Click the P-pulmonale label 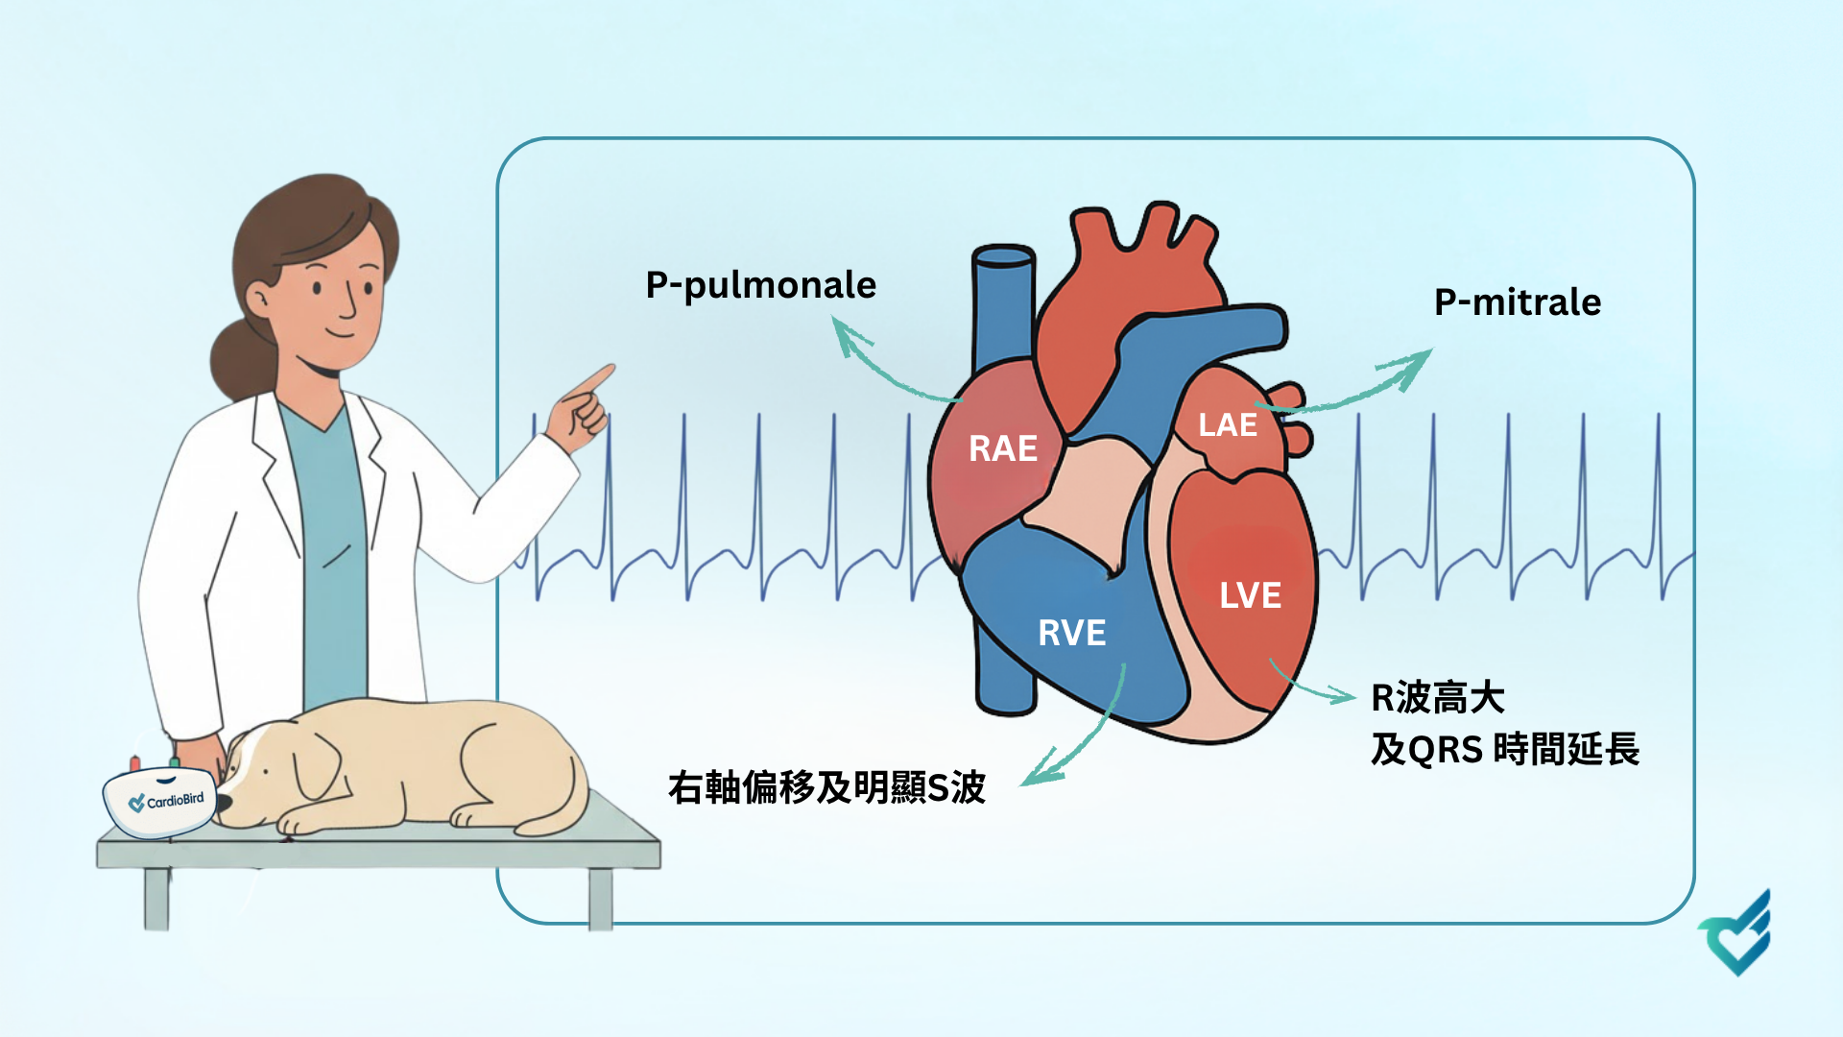[760, 285]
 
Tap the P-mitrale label [1517, 302]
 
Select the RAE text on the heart [1002, 448]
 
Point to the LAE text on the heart [1227, 424]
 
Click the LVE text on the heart [1250, 595]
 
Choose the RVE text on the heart [1071, 633]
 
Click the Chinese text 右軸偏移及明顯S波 [826, 787]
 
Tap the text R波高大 [1437, 698]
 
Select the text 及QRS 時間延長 [1504, 749]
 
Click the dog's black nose [223, 803]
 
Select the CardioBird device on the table [160, 801]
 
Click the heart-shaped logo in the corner [1736, 936]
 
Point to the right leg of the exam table [601, 898]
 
